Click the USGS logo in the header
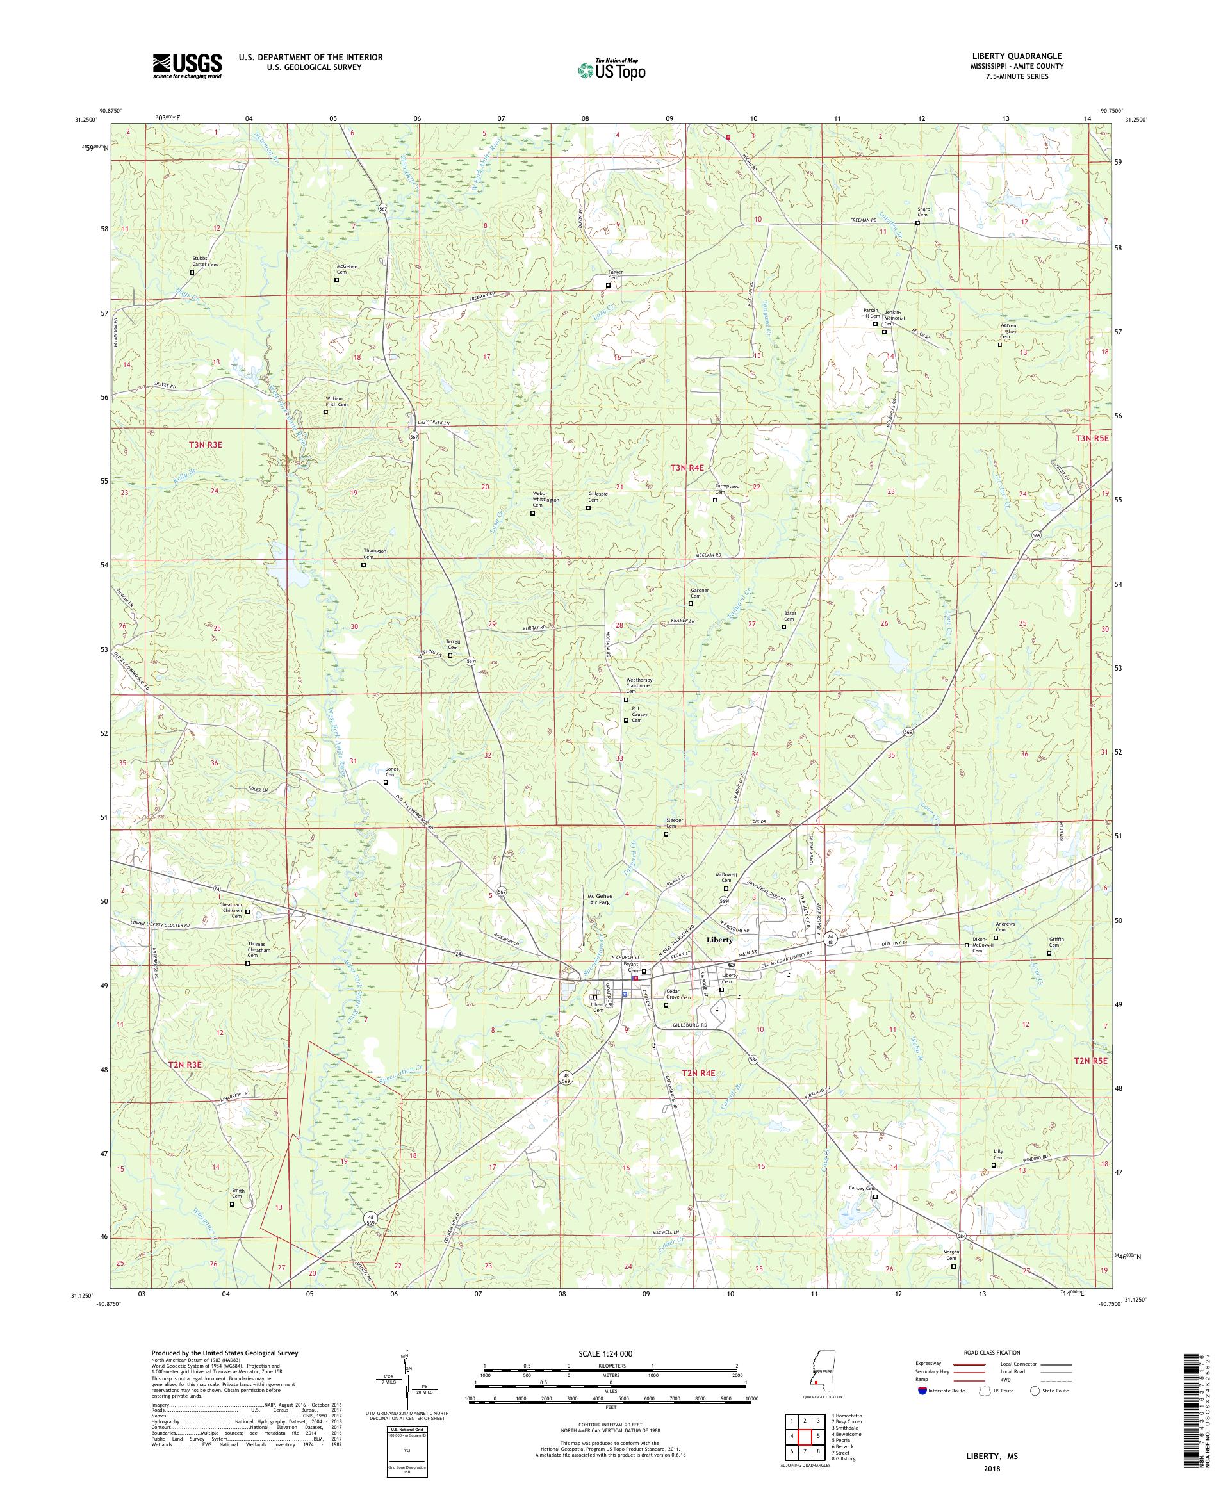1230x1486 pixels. point(188,67)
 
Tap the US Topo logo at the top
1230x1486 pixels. point(612,69)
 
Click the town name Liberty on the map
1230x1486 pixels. point(722,940)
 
